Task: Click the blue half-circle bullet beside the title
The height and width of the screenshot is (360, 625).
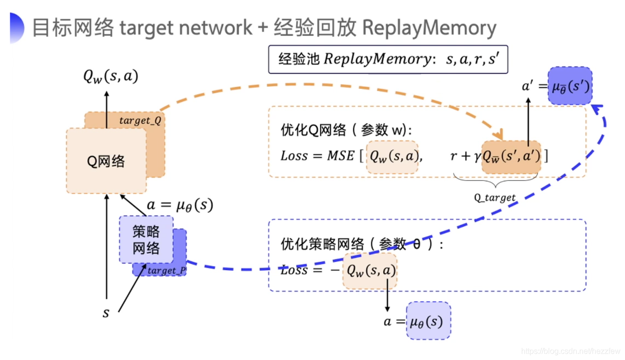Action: (x=16, y=28)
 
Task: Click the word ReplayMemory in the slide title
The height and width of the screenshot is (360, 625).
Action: (x=429, y=28)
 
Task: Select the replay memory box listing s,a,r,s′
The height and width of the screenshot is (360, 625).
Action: (x=388, y=59)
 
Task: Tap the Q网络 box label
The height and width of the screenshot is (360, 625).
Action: (x=106, y=161)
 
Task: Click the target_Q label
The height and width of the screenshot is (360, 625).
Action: (x=140, y=120)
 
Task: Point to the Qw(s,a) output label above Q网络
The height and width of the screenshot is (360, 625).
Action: (x=111, y=76)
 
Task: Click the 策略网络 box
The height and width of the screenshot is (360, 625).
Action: (x=146, y=240)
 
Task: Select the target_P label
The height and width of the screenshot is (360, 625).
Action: (x=167, y=270)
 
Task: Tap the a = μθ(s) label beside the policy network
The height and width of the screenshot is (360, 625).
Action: (x=180, y=205)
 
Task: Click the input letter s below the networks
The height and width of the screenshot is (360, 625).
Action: (x=106, y=313)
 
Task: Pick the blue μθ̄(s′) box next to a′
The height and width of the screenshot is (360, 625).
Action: (x=570, y=86)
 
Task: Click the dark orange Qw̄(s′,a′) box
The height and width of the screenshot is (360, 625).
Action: (x=511, y=157)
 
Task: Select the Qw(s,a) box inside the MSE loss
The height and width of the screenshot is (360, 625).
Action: (x=392, y=157)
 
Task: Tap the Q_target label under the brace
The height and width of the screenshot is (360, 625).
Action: (x=495, y=197)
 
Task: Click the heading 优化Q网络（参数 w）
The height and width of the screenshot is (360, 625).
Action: (x=346, y=130)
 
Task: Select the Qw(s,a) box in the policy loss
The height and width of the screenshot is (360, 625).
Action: (x=370, y=271)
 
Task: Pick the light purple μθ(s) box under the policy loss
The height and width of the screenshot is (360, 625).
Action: (x=429, y=321)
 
